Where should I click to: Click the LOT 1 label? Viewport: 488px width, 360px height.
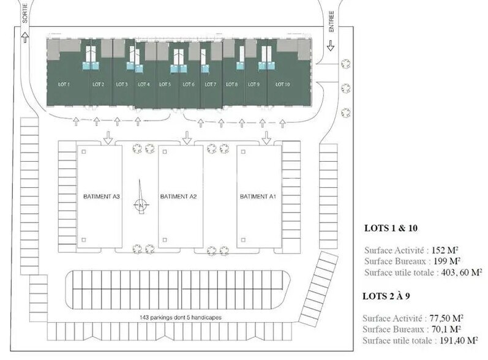(x=64, y=84)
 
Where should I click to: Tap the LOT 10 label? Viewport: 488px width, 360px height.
(x=282, y=84)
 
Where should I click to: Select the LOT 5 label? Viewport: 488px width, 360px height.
(x=164, y=84)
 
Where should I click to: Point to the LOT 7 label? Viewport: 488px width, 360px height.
(x=210, y=84)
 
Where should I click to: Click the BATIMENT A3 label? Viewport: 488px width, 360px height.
(x=101, y=197)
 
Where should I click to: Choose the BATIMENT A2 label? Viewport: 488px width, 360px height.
(x=178, y=197)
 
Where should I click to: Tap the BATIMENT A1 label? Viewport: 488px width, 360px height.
(x=258, y=197)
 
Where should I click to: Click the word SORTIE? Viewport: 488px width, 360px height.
(x=26, y=13)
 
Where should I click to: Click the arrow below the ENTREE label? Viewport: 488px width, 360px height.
(x=331, y=45)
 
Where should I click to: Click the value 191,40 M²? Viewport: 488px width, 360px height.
(x=462, y=340)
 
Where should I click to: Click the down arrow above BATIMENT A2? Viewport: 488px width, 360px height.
(x=187, y=138)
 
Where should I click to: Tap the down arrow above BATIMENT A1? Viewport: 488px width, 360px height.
(x=266, y=138)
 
